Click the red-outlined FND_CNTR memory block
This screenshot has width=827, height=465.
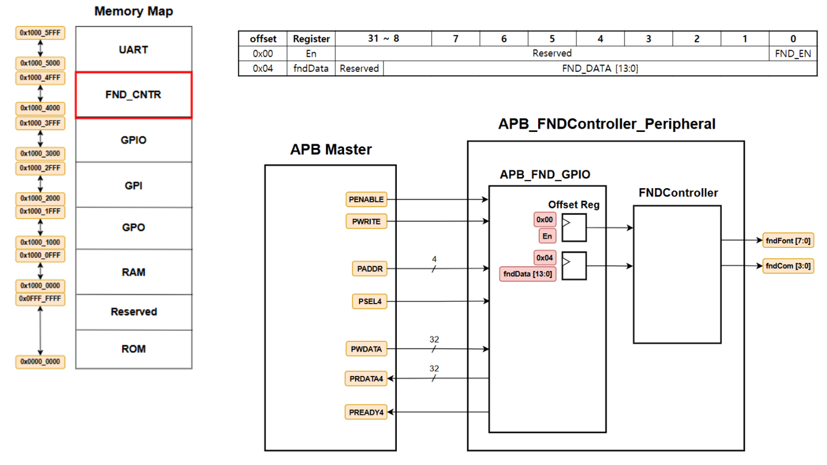[134, 95]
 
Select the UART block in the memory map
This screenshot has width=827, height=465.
[134, 50]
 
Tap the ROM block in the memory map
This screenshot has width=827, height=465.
[134, 349]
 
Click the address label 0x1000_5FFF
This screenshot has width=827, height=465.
[40, 33]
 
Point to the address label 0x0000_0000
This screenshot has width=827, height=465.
[40, 362]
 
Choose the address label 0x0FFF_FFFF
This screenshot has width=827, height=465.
[40, 299]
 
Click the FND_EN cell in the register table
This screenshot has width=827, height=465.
[792, 53]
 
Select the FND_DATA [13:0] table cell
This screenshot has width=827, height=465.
[600, 68]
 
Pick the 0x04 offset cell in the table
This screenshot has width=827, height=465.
[263, 68]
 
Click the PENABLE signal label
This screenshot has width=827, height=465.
[366, 199]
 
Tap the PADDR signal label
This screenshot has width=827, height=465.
[370, 269]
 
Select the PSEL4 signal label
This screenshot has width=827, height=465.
[370, 301]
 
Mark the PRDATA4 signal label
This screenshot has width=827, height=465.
[366, 379]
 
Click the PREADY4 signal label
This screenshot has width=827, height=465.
[366, 412]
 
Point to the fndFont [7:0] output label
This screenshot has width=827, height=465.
[788, 241]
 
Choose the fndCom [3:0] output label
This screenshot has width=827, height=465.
[788, 266]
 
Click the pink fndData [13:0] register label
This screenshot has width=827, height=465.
[528, 274]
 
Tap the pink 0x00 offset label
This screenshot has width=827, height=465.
[545, 220]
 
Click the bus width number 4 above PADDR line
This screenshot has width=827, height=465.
[434, 260]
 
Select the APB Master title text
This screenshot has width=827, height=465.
[331, 150]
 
